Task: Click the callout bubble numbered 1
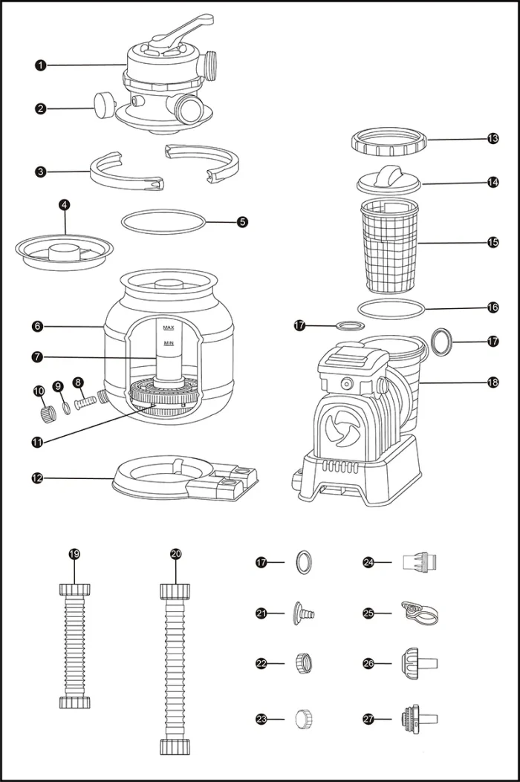pyautogui.click(x=40, y=65)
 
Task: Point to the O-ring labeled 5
pyautogui.click(x=163, y=221)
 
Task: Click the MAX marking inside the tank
pyautogui.click(x=169, y=328)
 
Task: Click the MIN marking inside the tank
pyautogui.click(x=169, y=344)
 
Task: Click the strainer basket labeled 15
pyautogui.click(x=389, y=245)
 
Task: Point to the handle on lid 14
pyautogui.click(x=388, y=175)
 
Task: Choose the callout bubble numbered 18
pyautogui.click(x=493, y=382)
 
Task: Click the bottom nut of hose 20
pyautogui.click(x=176, y=745)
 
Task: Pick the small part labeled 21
pyautogui.click(x=304, y=613)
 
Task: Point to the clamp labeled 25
pyautogui.click(x=417, y=613)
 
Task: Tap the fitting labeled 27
pyautogui.click(x=418, y=718)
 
